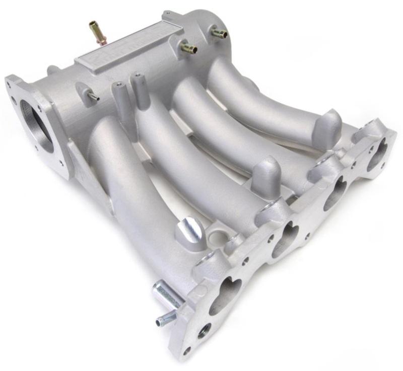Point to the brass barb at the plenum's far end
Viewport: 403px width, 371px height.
point(218,33)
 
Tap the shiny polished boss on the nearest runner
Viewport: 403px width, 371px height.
point(190,230)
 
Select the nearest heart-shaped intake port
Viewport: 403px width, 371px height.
point(223,292)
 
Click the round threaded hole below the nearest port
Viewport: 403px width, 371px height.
point(204,331)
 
